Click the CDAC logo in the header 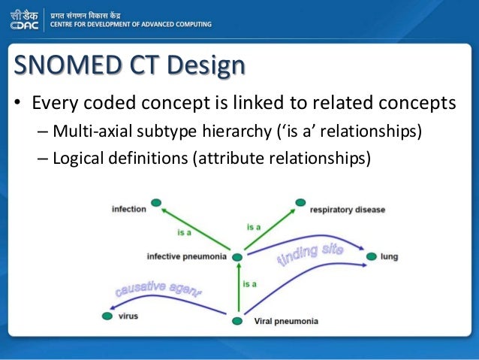click(x=26, y=20)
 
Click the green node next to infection click(x=156, y=202)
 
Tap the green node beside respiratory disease click(x=300, y=202)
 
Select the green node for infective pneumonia click(x=237, y=258)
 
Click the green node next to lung click(x=371, y=257)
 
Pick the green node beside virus click(x=107, y=316)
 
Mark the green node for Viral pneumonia click(x=237, y=322)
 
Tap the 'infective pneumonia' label click(x=186, y=257)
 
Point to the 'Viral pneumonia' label click(x=286, y=322)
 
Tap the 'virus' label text click(x=128, y=316)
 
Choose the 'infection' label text click(x=128, y=208)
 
